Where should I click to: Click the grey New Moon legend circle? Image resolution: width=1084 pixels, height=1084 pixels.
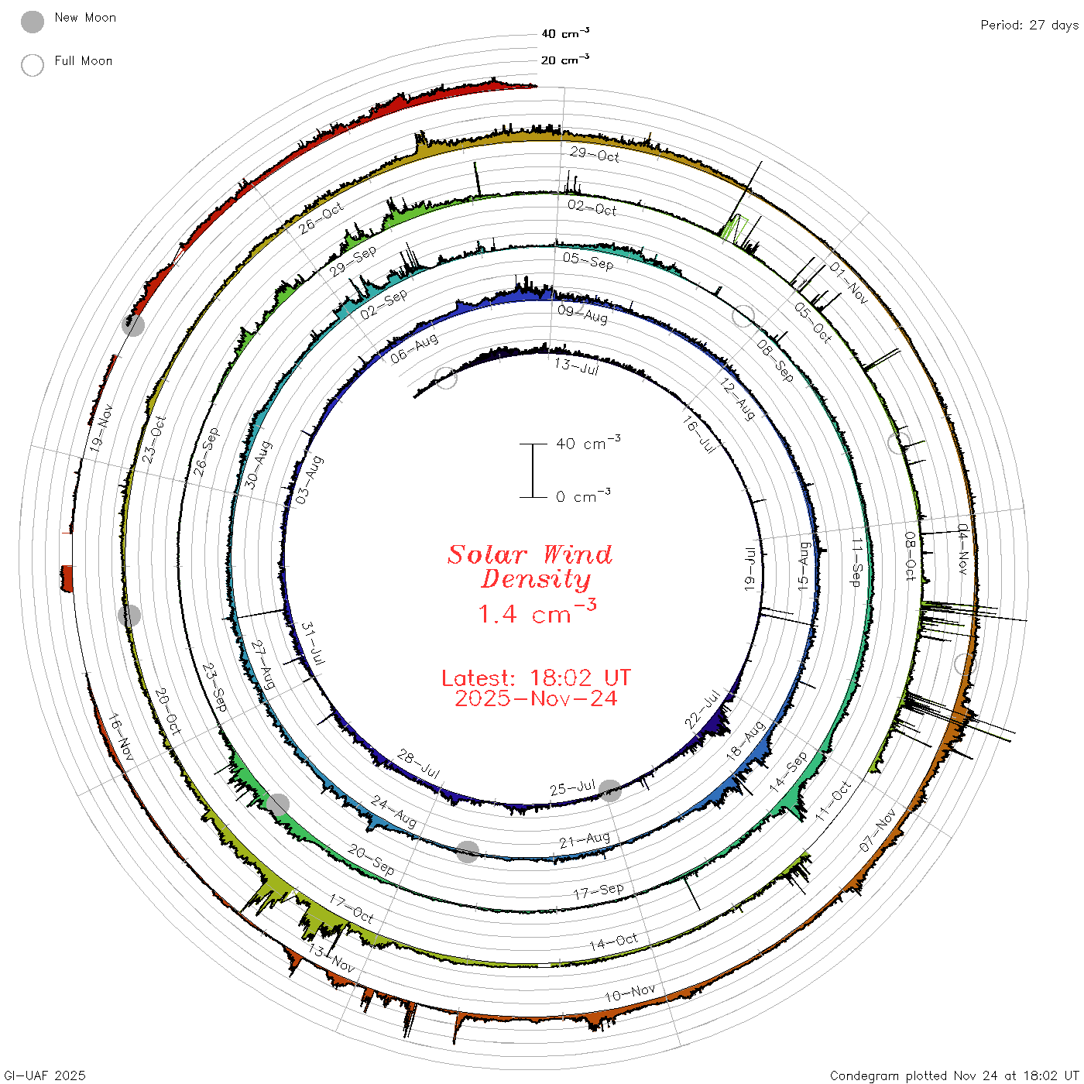click(32, 22)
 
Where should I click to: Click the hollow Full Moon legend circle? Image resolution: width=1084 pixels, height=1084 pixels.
click(32, 65)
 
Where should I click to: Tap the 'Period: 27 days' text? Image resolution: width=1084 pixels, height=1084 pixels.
click(1029, 26)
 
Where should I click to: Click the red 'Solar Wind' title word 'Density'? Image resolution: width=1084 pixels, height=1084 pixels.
click(536, 579)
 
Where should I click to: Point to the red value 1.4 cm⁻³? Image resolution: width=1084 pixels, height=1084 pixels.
click(537, 612)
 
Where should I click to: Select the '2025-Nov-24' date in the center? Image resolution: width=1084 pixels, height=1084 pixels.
click(536, 698)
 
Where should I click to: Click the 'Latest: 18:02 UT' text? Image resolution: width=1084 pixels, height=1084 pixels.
click(536, 677)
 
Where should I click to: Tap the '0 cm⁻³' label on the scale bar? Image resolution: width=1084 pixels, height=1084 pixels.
click(583, 496)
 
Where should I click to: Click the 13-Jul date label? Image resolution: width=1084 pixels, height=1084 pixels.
click(576, 366)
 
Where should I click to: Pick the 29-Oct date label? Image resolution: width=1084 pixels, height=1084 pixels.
click(594, 154)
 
